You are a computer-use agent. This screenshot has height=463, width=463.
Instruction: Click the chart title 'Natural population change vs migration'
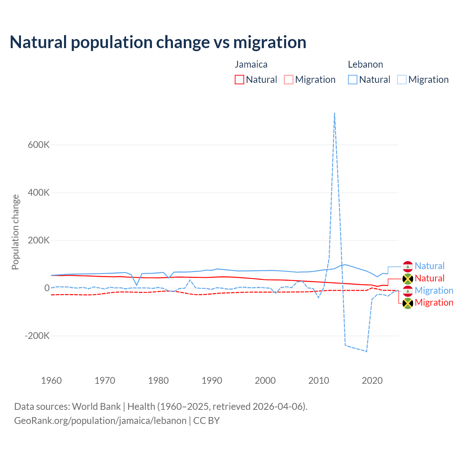pos(158,42)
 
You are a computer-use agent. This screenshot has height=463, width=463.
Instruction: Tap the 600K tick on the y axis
pos(39,145)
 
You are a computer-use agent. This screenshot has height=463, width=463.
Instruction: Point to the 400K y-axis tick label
pos(39,192)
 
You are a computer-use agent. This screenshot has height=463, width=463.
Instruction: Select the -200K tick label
pos(37,336)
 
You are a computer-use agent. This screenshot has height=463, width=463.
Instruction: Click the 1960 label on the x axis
pos(51,381)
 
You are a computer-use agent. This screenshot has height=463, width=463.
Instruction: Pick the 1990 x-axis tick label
pos(212,381)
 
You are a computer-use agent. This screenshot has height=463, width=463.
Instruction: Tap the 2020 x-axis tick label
pos(372,381)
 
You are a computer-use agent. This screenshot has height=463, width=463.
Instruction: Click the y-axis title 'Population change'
pos(15,232)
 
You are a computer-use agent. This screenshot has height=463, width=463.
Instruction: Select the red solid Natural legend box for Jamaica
pos(239,80)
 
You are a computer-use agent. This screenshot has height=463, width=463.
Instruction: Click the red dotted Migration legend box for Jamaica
pos(289,80)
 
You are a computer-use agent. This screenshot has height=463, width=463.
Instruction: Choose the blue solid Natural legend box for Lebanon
pos(353,80)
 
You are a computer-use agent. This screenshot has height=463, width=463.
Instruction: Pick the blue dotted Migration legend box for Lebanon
pos(402,80)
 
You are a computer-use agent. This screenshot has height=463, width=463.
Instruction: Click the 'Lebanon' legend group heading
pos(365,64)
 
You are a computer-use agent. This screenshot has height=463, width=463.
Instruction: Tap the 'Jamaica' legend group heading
pos(251,64)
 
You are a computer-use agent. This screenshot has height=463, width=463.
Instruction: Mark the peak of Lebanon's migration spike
pos(335,113)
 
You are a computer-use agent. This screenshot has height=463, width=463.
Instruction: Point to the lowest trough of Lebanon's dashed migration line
pos(366,351)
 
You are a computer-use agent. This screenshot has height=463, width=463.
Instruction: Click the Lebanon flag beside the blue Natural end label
pos(408,266)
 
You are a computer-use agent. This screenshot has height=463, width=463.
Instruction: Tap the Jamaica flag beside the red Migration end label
pos(408,303)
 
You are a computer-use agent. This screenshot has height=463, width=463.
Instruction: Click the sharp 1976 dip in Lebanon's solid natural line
pos(137,285)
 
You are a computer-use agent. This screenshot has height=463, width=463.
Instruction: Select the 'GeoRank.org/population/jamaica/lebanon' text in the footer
pos(100,421)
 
